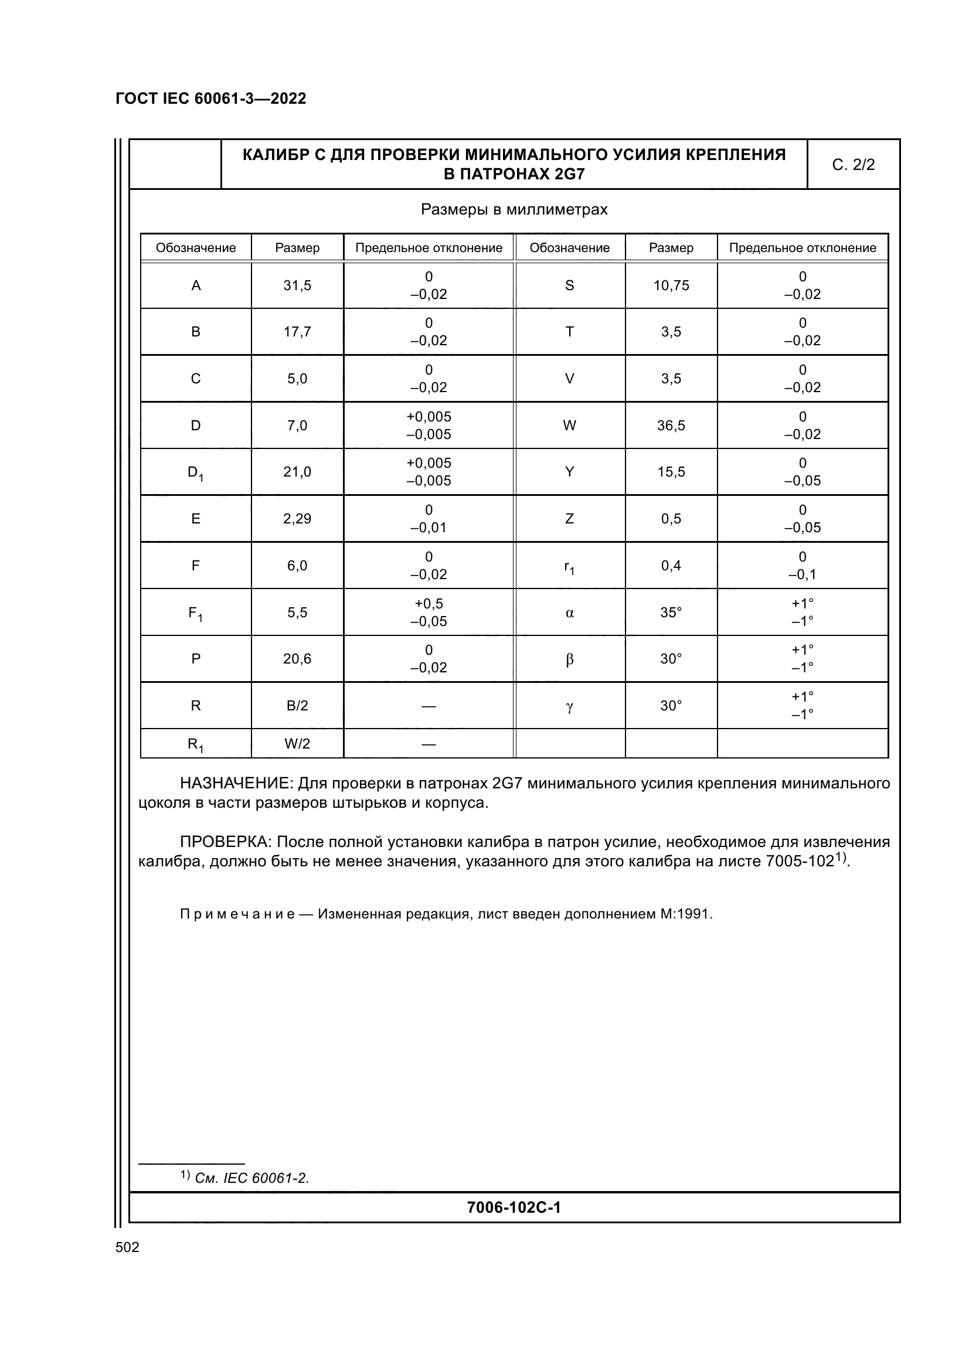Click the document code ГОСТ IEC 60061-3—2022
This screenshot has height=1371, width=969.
pos(211,98)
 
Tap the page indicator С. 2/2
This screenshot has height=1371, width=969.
pos(853,165)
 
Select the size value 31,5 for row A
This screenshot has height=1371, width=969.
pos(297,285)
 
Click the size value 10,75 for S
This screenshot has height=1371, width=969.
pos(671,285)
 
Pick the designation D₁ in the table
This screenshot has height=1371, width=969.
pos(195,472)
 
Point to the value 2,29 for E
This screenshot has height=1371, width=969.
pos(297,519)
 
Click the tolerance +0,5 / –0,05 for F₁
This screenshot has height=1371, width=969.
pos(429,612)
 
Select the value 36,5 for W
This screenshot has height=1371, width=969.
pos(671,426)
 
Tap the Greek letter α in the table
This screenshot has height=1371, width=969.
pos(570,613)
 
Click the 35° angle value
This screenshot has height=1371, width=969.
pos(671,613)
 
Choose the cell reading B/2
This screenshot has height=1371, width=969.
pos(297,706)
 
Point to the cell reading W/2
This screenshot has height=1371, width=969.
pos(297,744)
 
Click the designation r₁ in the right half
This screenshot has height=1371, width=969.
pos(570,567)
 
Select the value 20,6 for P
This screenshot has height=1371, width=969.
pos(297,659)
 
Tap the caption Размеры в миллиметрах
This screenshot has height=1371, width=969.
pos(514,210)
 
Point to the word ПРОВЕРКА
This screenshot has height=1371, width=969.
pos(226,842)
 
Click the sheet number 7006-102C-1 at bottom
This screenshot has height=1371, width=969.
pos(514,1207)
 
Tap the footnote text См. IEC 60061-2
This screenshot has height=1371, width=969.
pos(252,1178)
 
